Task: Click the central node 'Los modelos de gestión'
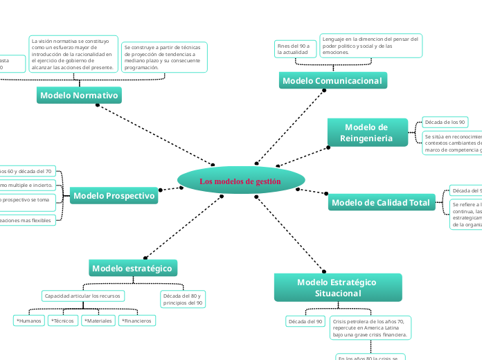click(241, 181)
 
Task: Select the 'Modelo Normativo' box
click(79, 95)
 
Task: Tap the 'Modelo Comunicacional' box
click(332, 81)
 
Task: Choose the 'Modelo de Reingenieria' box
click(366, 132)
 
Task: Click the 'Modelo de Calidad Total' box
click(380, 203)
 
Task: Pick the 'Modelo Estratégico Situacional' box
click(337, 287)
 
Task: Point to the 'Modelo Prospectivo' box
click(114, 197)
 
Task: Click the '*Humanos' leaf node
click(29, 321)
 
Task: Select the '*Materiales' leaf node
click(98, 321)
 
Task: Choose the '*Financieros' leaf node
click(136, 321)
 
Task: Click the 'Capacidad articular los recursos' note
click(83, 296)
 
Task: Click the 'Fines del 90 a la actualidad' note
click(294, 48)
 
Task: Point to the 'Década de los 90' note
click(444, 122)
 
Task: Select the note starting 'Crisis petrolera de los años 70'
click(371, 328)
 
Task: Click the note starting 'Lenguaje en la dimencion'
click(371, 46)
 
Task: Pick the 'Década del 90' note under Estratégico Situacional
click(305, 321)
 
